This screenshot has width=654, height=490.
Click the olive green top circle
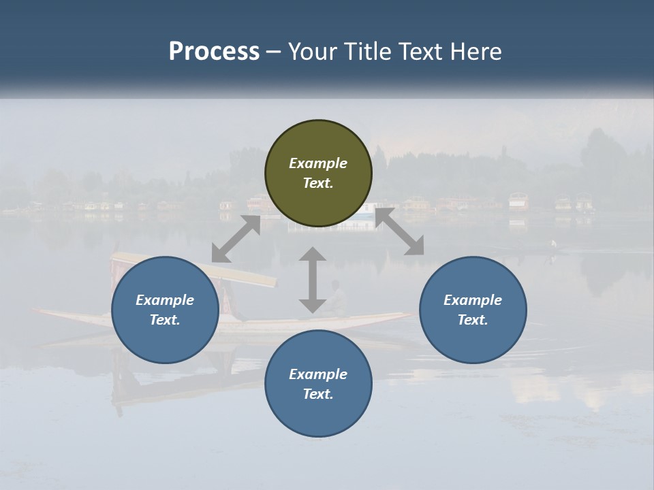[318, 174]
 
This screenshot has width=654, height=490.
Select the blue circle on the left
[165, 310]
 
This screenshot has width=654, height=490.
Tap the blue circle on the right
[473, 310]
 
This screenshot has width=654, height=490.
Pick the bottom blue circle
[318, 384]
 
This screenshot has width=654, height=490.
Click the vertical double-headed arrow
[312, 280]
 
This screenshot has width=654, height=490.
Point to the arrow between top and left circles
[236, 239]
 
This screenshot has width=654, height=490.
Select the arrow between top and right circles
[399, 231]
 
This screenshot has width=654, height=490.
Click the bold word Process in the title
[214, 52]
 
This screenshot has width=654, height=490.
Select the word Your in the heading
[311, 52]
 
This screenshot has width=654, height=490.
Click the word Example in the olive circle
[318, 163]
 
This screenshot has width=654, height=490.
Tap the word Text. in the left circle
[165, 320]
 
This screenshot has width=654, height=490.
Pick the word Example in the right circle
[473, 300]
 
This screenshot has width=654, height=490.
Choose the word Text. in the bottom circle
[318, 394]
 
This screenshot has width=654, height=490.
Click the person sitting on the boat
[337, 299]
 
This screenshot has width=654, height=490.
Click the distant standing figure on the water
[553, 245]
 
